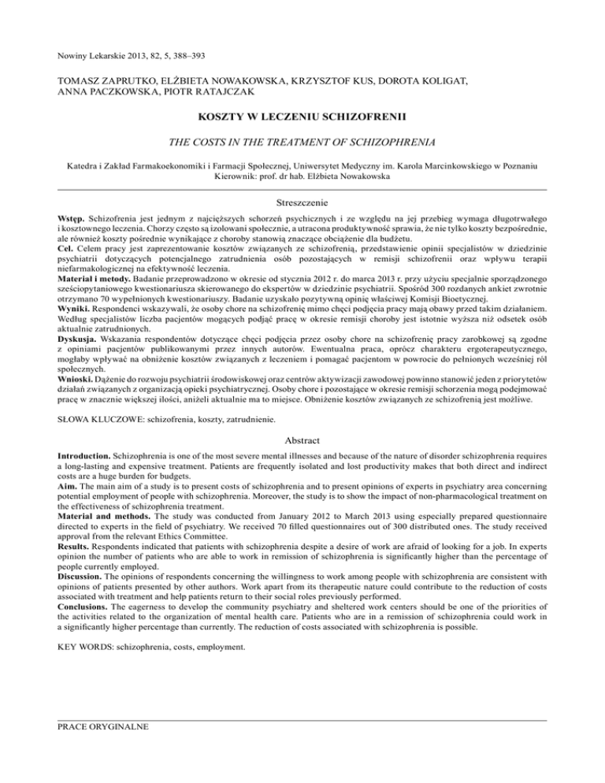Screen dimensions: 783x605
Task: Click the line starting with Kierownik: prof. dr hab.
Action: click(x=302, y=176)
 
